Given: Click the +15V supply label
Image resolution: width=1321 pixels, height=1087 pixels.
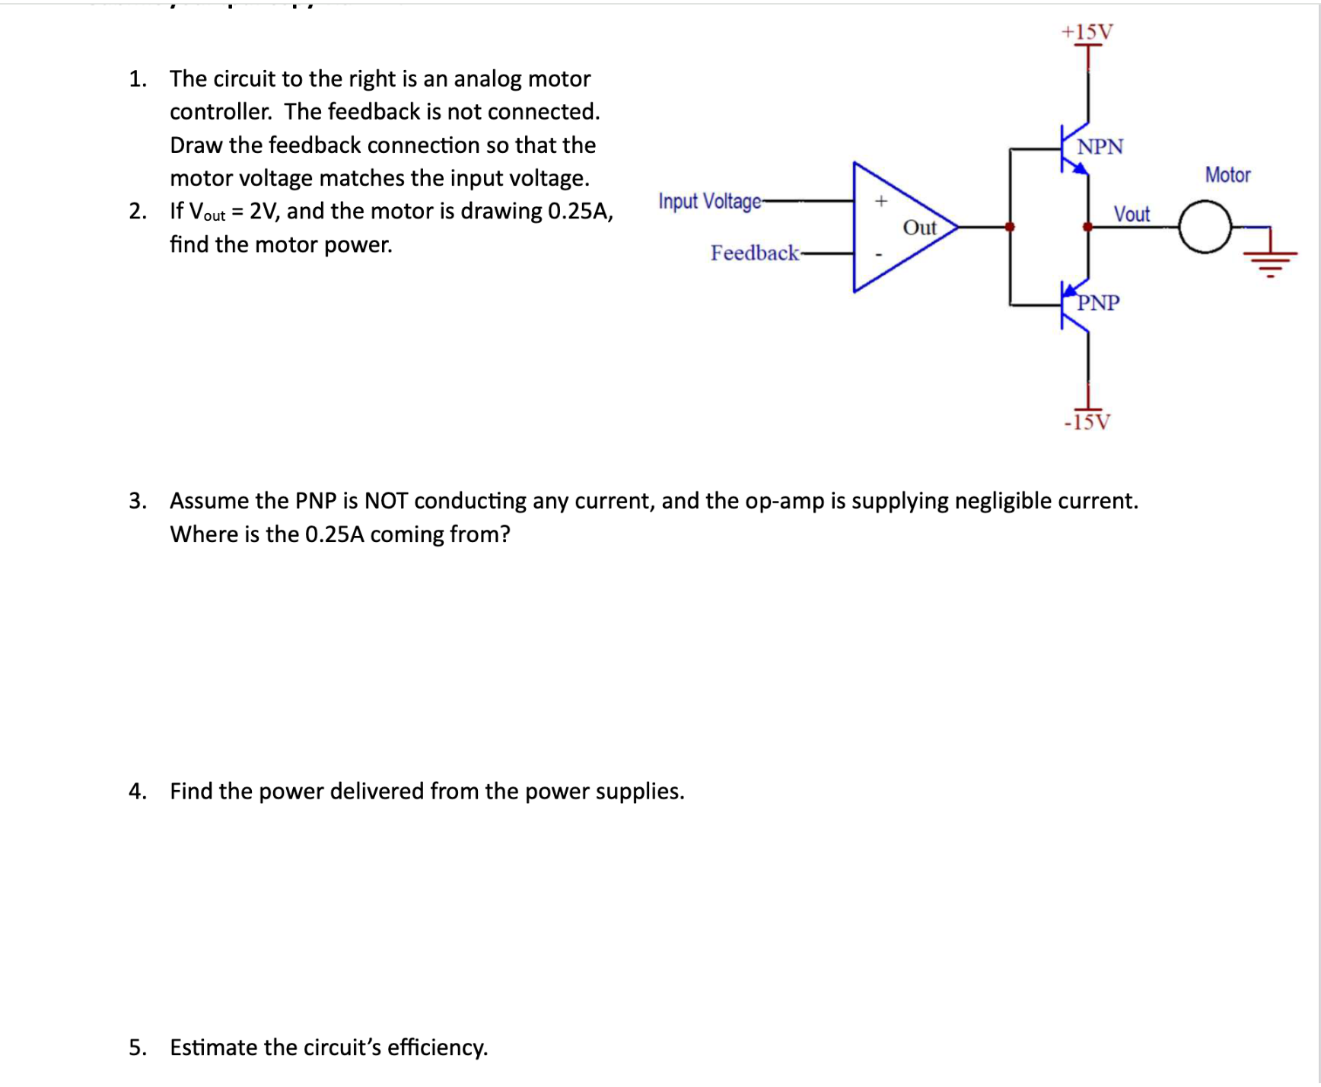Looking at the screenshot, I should pos(1087,32).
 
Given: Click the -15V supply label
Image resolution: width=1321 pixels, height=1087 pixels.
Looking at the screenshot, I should pos(1087,422).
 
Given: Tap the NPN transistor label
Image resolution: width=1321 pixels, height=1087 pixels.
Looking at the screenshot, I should pos(1100,146).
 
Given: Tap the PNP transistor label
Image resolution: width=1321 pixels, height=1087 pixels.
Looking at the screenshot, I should pos(1098,303).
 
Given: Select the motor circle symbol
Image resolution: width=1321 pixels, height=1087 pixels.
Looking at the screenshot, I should pos(1205,227).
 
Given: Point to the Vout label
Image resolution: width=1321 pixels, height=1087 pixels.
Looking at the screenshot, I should pos(1132,214).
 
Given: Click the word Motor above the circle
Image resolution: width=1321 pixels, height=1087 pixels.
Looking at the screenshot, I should pos(1227,175).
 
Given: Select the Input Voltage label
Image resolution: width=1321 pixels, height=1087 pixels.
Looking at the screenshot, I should pos(709,201).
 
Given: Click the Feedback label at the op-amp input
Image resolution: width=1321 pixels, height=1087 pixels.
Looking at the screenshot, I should pos(754,253).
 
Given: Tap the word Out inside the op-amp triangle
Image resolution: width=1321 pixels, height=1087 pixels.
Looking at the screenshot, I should pos(919,228).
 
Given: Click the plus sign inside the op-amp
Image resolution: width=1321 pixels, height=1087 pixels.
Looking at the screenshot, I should pos(881,201).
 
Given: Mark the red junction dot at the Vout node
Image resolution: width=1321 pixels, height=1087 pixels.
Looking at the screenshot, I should pos(1087,227).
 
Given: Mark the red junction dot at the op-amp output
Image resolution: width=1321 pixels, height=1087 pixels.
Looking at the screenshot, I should pos(1010,227).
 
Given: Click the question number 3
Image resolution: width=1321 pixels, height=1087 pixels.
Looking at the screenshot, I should pos(137,501).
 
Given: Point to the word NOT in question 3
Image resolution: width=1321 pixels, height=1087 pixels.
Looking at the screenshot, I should pos(386,501).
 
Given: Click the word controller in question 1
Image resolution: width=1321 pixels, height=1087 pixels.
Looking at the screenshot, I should pos(220,112).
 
